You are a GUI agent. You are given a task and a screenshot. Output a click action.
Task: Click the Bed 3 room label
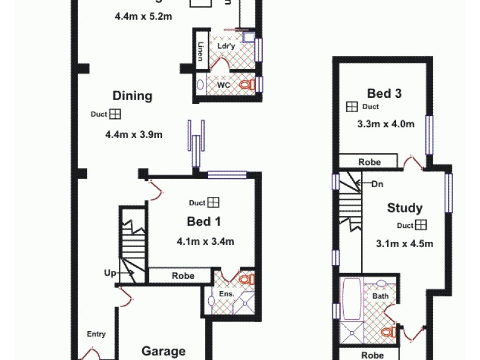pyautogui.click(x=384, y=93)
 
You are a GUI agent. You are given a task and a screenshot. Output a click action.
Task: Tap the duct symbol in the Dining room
pyautogui.click(x=116, y=114)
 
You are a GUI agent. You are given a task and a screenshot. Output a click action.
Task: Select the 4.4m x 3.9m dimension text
pyautogui.click(x=134, y=134)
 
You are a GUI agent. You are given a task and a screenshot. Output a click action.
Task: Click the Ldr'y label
pyautogui.click(x=226, y=46)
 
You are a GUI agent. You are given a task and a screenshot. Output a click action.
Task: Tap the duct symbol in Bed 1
pyautogui.click(x=214, y=203)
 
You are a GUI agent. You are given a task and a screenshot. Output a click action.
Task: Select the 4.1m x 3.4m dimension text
pyautogui.click(x=205, y=242)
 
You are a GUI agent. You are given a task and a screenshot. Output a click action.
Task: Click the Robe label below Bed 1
pyautogui.click(x=183, y=276)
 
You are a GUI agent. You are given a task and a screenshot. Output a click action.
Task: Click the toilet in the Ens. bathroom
pyautogui.click(x=247, y=279)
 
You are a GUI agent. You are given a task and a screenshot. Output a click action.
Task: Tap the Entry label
pyautogui.click(x=96, y=334)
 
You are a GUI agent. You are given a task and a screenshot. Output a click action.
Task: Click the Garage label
pyautogui.click(x=163, y=351)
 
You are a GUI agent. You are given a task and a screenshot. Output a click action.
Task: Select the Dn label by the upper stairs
pyautogui.click(x=377, y=184)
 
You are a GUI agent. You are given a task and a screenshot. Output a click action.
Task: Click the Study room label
pyautogui.click(x=404, y=208)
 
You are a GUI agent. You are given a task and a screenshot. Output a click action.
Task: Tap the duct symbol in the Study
pyautogui.click(x=421, y=225)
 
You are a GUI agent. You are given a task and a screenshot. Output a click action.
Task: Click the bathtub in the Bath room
pyautogui.click(x=350, y=298)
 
